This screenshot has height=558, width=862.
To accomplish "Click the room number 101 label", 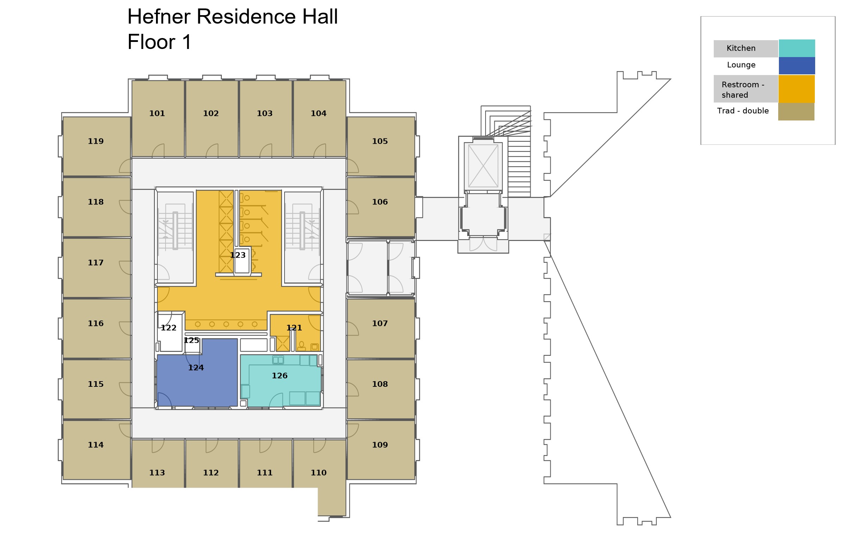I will point(157,113).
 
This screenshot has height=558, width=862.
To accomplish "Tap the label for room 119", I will point(96,141).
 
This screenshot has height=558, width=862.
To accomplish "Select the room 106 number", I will point(380,202).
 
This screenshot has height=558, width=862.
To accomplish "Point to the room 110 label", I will point(318,472).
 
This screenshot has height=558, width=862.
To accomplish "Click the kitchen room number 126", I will point(279,376).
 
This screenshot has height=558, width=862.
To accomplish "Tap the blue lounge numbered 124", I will point(196,368).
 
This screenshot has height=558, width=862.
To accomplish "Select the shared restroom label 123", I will point(238,255).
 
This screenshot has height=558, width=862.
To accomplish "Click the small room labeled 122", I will point(168,328).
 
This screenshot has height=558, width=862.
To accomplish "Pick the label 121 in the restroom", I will point(294,328).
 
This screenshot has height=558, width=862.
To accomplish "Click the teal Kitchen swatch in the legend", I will point(797,48).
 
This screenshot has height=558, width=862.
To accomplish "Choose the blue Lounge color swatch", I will point(797,66).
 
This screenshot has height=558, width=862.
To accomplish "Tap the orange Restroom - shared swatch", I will point(797,89).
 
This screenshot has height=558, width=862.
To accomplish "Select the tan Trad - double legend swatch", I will point(796,112).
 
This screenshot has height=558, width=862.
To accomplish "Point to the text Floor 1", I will point(159,42).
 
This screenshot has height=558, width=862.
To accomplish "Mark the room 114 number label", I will point(96,445).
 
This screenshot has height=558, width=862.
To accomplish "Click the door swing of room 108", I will point(352,389).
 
